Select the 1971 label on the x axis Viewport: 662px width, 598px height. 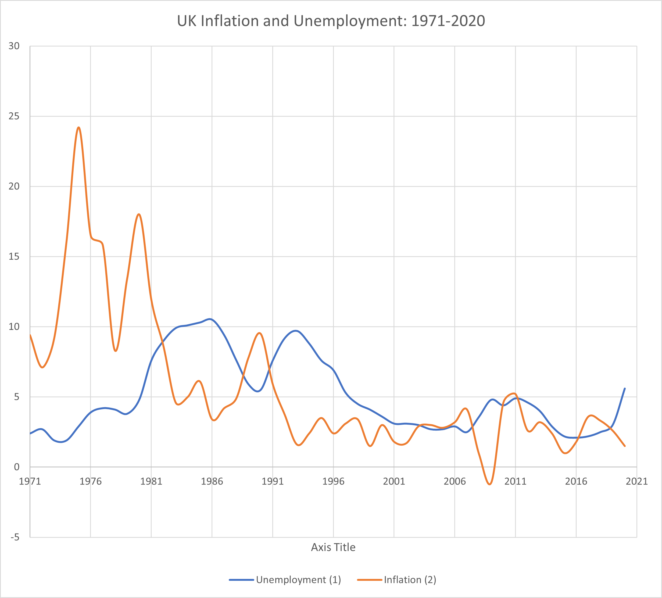(x=30, y=481)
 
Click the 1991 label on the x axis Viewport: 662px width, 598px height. (x=273, y=481)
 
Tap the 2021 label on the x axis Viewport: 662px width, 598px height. (x=636, y=481)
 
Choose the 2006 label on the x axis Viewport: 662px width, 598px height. (x=455, y=481)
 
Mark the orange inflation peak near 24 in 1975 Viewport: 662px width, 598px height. (x=78, y=127)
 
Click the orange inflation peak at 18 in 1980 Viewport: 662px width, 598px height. (x=139, y=214)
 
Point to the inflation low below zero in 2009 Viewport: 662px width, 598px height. (x=490, y=484)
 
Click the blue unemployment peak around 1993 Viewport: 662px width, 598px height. (x=296, y=331)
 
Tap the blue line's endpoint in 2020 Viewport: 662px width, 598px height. (x=625, y=388)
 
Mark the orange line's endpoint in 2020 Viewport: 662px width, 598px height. (x=625, y=446)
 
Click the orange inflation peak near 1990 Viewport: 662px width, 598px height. (x=260, y=333)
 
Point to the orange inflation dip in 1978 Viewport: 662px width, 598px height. (x=116, y=351)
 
